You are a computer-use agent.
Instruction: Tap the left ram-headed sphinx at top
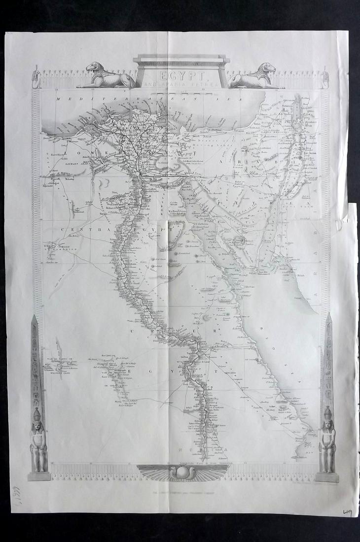point(104,76)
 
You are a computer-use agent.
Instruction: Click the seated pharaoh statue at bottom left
point(38,443)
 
